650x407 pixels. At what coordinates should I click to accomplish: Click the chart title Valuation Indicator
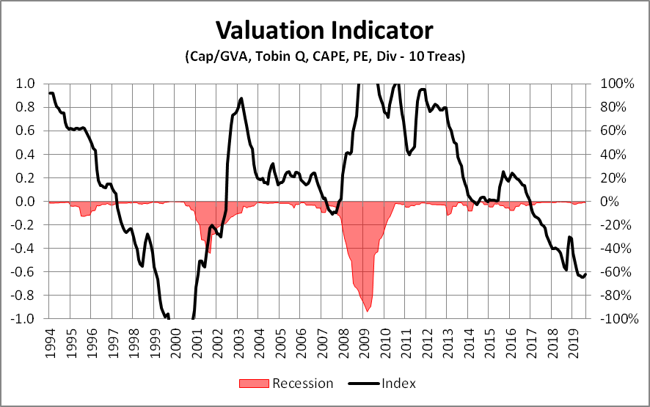(x=324, y=31)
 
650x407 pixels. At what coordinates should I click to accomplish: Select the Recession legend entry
(x=302, y=383)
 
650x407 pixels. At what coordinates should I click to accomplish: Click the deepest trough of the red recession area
(x=367, y=312)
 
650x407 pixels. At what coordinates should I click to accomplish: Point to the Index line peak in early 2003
(x=241, y=98)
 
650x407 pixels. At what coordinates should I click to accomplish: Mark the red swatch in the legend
(x=254, y=383)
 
